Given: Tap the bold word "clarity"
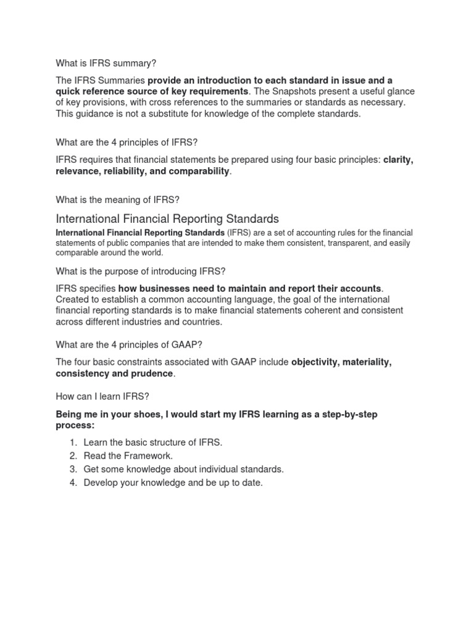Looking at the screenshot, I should click(x=398, y=160).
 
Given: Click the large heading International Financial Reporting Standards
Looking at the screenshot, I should click(x=167, y=218).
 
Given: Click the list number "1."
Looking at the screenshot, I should click(x=73, y=443).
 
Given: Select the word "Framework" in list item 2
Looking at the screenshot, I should click(x=146, y=455).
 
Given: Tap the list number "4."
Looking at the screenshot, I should click(x=73, y=483).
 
